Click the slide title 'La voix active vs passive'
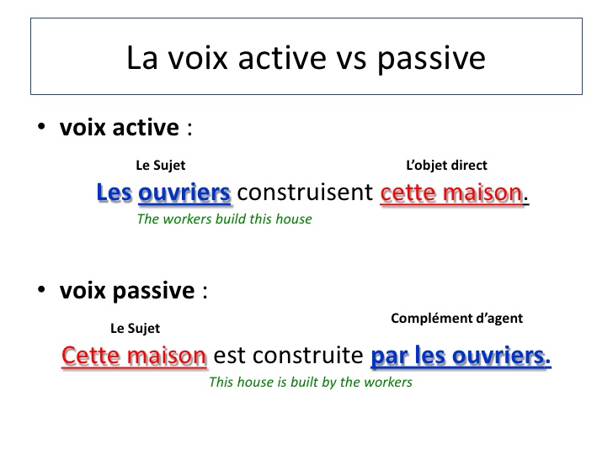click(306, 58)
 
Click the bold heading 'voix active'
click(119, 128)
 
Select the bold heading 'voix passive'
click(126, 291)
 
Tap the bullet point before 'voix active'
click(41, 129)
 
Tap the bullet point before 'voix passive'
click(41, 292)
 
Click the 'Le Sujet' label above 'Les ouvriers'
click(160, 166)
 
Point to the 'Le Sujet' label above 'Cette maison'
click(135, 328)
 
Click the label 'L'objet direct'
click(446, 166)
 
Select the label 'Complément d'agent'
click(456, 319)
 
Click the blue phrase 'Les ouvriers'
click(163, 193)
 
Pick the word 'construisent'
click(305, 193)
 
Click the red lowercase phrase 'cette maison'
click(451, 193)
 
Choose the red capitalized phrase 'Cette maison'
click(135, 356)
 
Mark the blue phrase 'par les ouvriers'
click(459, 356)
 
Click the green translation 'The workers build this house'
click(224, 219)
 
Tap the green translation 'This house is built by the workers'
click(310, 382)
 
